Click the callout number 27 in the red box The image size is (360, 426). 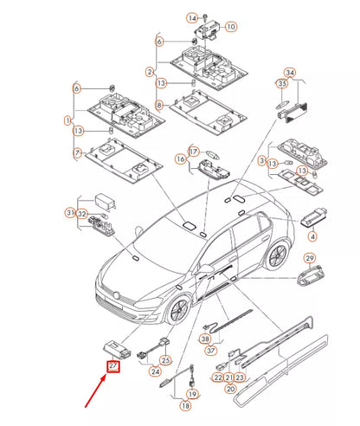tap(113, 366)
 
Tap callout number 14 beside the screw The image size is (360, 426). tap(192, 18)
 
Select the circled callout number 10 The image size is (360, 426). tap(231, 27)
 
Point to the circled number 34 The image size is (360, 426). tap(290, 73)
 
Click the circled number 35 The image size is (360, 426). tap(282, 84)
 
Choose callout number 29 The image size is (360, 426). tap(310, 258)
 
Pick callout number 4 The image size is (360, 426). tap(312, 236)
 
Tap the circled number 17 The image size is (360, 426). tap(194, 152)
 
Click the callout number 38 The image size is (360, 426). tap(205, 339)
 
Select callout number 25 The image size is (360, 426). tap(165, 360)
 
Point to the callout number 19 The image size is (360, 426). tap(192, 394)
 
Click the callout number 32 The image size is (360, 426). tap(82, 214)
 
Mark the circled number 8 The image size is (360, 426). tap(159, 106)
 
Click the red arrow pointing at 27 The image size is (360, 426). tap(96, 390)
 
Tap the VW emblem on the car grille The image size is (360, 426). tap(117, 296)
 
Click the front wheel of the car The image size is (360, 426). tap(178, 312)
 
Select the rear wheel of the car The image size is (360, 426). tap(277, 255)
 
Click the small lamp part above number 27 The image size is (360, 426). tap(117, 349)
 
